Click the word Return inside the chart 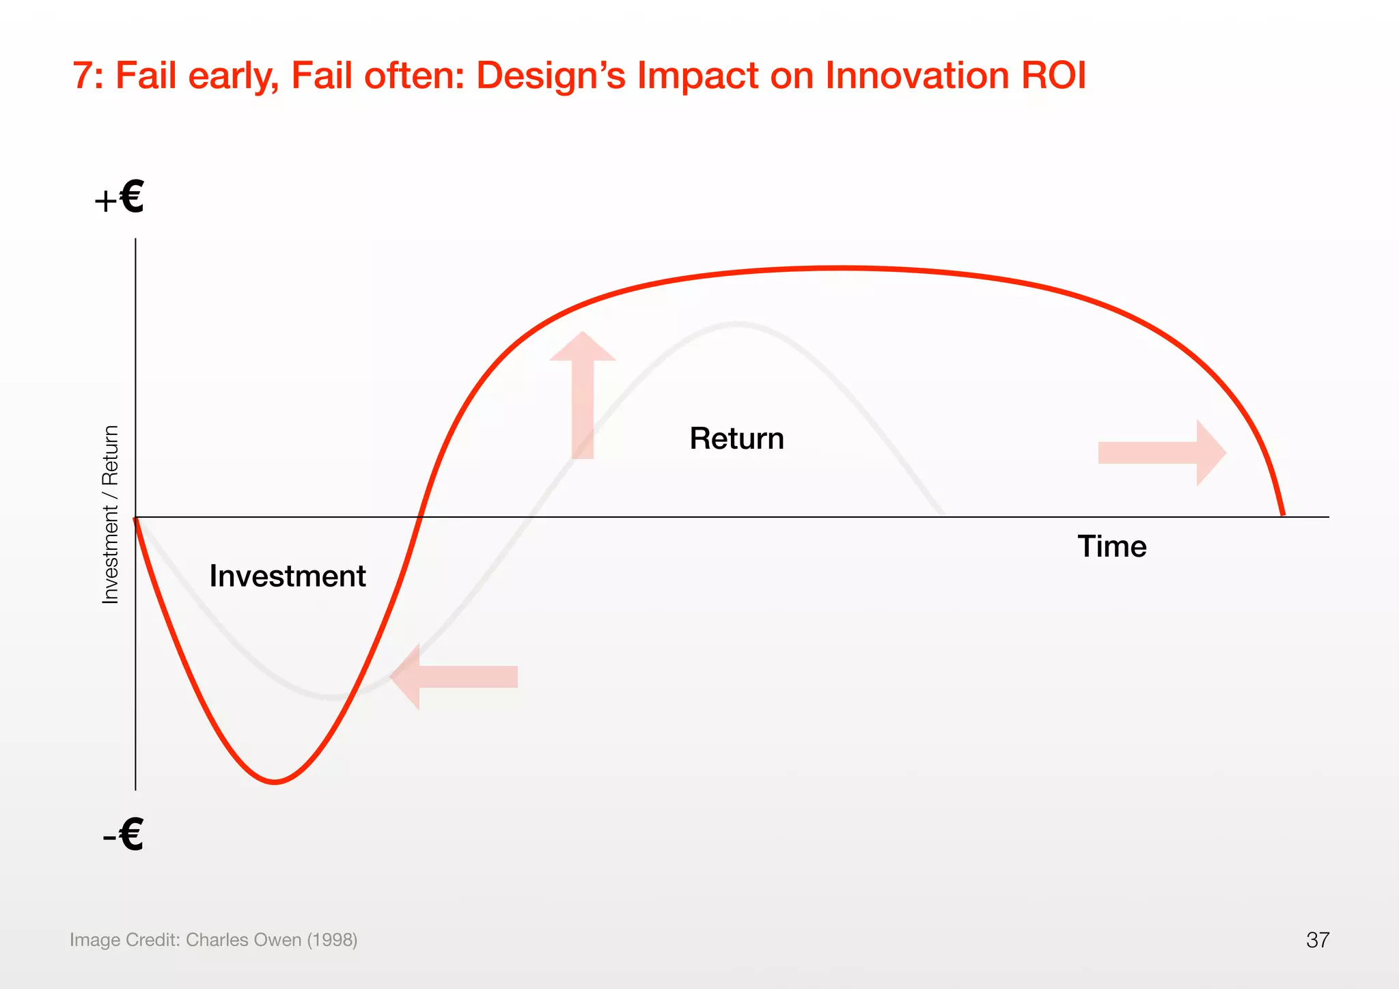(736, 438)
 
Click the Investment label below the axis (287, 576)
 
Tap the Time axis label (1111, 546)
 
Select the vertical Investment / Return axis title (111, 514)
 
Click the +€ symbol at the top (120, 197)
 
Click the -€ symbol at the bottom (124, 834)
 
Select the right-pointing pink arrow (1162, 453)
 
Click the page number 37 (1317, 940)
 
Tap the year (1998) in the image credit (332, 940)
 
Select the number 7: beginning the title (88, 75)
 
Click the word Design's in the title (550, 75)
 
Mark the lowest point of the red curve (275, 782)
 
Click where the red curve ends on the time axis (1283, 516)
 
